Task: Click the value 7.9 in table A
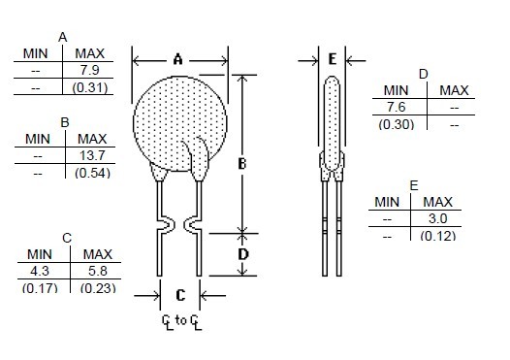90,70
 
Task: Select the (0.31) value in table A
90,87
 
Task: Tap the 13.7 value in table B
92,155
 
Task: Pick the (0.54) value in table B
92,173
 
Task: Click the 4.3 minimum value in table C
40,271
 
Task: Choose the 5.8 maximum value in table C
98,271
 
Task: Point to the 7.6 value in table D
397,107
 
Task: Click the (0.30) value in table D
397,124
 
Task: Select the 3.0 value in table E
438,218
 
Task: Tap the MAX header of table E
438,202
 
